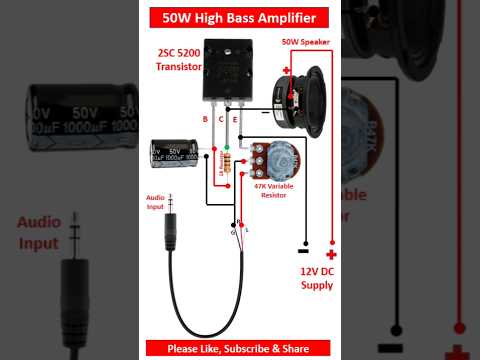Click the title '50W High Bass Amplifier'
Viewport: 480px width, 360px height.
point(240,18)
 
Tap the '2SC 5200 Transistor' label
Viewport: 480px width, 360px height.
point(179,59)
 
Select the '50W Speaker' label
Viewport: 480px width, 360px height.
point(304,41)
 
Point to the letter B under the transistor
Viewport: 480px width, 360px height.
point(205,119)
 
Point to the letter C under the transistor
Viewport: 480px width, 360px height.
point(220,119)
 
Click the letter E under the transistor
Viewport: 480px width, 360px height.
point(235,119)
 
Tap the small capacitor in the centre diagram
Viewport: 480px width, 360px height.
point(173,153)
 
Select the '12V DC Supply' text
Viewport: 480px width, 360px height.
point(318,278)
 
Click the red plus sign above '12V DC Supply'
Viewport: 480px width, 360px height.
point(332,254)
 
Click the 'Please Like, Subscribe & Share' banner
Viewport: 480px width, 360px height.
point(240,348)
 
